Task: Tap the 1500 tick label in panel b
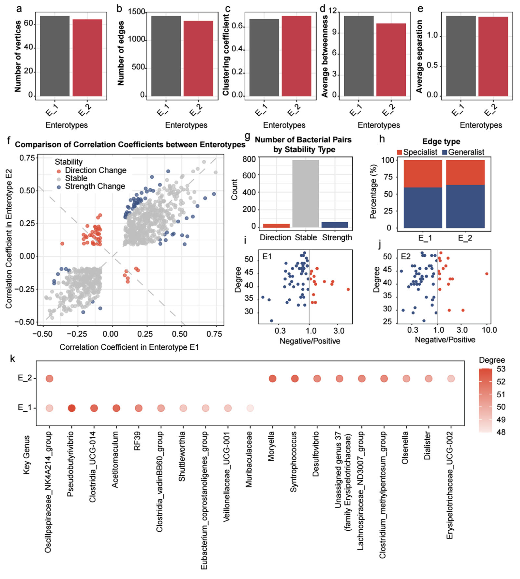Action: click(x=137, y=12)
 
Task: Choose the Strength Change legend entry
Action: click(x=95, y=186)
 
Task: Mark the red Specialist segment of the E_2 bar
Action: click(x=465, y=172)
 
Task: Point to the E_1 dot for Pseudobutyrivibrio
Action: click(x=72, y=408)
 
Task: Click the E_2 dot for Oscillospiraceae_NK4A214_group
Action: click(x=49, y=379)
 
